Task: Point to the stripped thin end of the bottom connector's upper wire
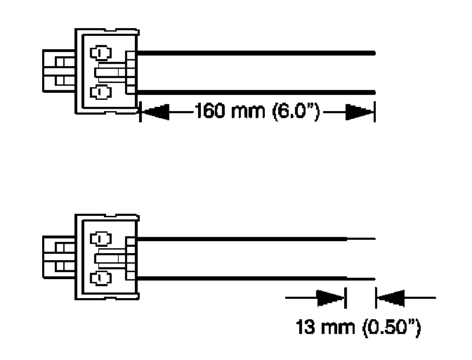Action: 362,237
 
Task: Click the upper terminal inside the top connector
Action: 100,52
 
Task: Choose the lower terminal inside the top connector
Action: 100,91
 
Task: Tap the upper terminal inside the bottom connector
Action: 100,238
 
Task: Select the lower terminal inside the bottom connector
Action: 100,276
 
